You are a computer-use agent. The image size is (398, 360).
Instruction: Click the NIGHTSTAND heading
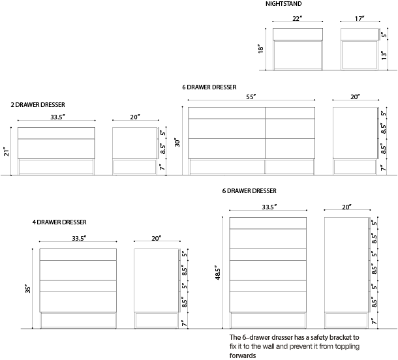pyautogui.click(x=284, y=4)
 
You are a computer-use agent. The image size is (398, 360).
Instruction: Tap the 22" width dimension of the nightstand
pyautogui.click(x=298, y=18)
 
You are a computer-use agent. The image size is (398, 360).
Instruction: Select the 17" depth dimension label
pyautogui.click(x=360, y=18)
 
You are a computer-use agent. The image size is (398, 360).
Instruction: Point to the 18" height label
pyautogui.click(x=261, y=49)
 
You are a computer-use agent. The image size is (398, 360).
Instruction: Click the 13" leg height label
pyautogui.click(x=384, y=55)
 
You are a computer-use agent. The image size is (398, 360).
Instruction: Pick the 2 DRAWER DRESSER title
pyautogui.click(x=38, y=105)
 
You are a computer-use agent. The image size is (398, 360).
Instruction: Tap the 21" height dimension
pyautogui.click(x=7, y=151)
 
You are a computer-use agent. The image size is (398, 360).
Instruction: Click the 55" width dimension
pyautogui.click(x=251, y=97)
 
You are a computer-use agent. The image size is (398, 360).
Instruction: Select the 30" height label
pyautogui.click(x=177, y=142)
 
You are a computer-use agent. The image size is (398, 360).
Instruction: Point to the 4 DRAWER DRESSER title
pyautogui.click(x=59, y=222)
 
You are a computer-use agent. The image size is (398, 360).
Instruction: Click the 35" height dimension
pyautogui.click(x=27, y=289)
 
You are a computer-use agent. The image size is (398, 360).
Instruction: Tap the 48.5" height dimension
pyautogui.click(x=217, y=273)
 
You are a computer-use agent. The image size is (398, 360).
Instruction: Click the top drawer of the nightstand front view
pyautogui.click(x=298, y=34)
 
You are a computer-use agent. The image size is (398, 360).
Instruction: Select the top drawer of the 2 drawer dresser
pyautogui.click(x=56, y=133)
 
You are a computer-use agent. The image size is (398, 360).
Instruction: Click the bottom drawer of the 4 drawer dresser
pyautogui.click(x=78, y=302)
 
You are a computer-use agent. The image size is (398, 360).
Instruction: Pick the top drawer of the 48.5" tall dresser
pyautogui.click(x=268, y=223)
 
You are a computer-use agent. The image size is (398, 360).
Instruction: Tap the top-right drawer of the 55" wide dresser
pyautogui.click(x=290, y=113)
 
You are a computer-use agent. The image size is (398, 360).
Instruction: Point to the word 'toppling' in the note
pyautogui.click(x=347, y=346)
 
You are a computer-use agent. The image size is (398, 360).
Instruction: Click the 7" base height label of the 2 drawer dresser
pyautogui.click(x=162, y=167)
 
